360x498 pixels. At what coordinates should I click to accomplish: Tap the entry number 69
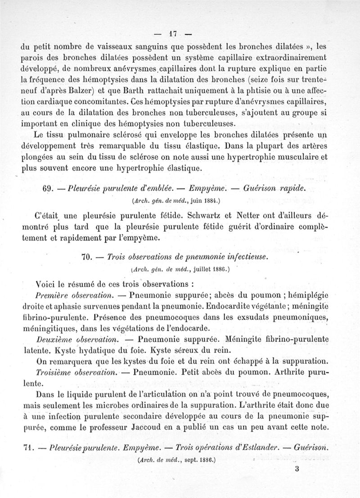(48, 188)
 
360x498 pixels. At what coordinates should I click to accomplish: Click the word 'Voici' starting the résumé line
(46, 284)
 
